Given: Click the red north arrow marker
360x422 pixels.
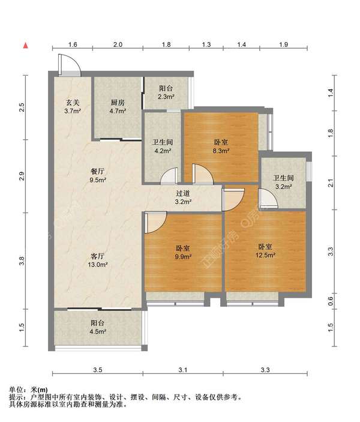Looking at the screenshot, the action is [x=26, y=46].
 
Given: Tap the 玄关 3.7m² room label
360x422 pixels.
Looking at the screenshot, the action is [x=73, y=107].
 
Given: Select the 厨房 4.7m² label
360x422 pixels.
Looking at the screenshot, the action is [x=118, y=107].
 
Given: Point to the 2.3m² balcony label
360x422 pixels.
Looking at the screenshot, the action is [x=166, y=92].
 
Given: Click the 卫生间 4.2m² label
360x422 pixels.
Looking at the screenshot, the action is [x=162, y=146].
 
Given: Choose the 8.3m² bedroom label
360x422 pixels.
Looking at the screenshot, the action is [x=221, y=146].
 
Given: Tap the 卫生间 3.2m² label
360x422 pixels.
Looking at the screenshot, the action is [x=283, y=182].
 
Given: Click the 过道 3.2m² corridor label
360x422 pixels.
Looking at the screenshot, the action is [x=183, y=197].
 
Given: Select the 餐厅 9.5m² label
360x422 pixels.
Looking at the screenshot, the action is [x=98, y=175].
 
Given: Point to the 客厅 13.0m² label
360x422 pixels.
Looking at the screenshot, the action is [x=97, y=261].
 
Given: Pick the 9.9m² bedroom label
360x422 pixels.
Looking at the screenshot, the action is [x=183, y=252].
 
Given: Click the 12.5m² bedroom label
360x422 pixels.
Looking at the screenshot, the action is [x=265, y=251].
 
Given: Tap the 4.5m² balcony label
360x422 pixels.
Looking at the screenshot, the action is [x=97, y=327].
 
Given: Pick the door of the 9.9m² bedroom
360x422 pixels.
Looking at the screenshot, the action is [x=155, y=222].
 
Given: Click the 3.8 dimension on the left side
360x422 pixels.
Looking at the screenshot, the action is [x=22, y=261].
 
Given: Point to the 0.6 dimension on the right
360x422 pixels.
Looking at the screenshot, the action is [x=331, y=301].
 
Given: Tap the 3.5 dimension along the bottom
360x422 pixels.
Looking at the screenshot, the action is [x=97, y=370].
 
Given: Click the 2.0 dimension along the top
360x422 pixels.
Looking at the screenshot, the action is [x=118, y=44].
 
